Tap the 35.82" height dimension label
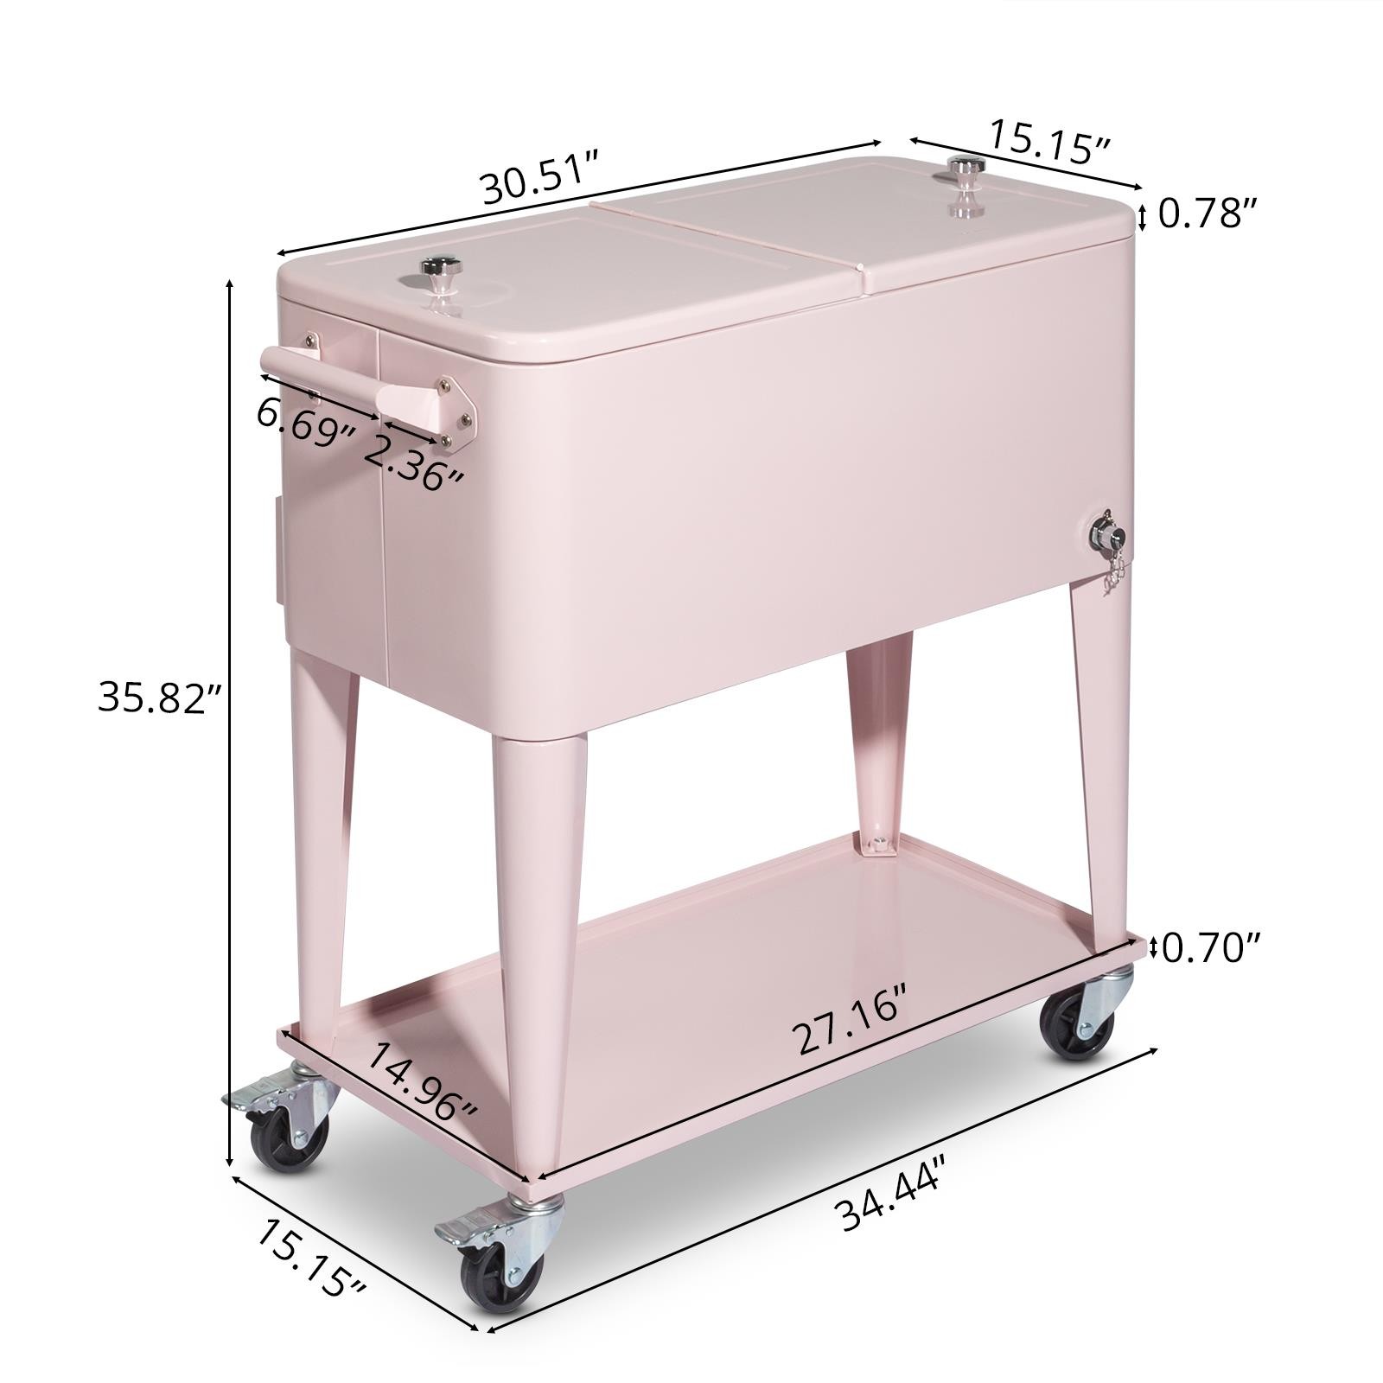pos(161,697)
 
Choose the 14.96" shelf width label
pos(423,1080)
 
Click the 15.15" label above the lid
pos(1048,141)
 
